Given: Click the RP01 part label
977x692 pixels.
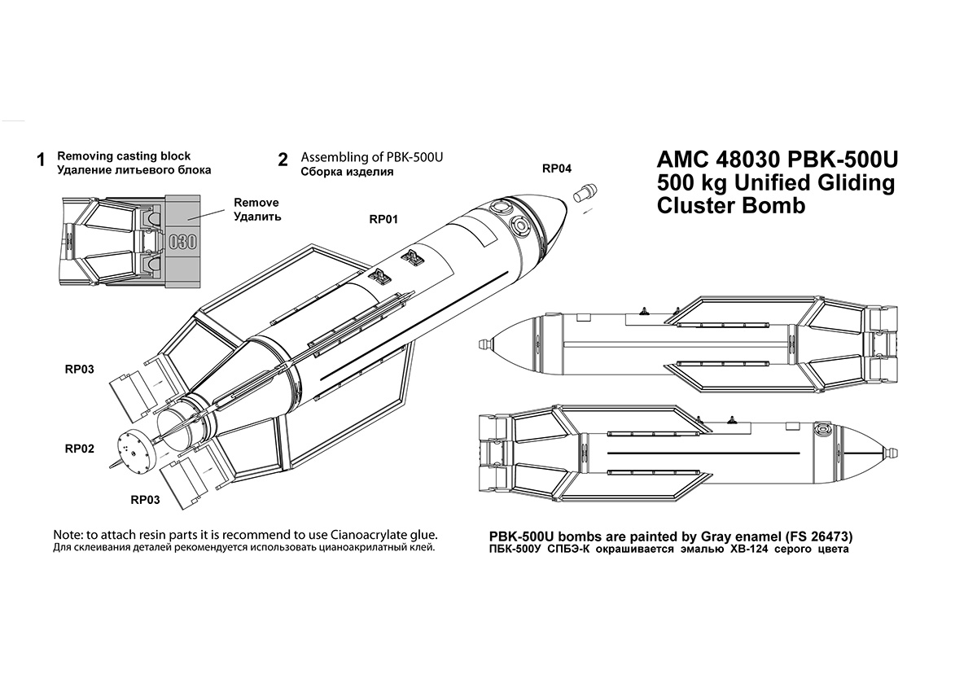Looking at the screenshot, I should [x=383, y=219].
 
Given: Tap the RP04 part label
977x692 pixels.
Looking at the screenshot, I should [x=557, y=169].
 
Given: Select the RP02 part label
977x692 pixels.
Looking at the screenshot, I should [x=80, y=449].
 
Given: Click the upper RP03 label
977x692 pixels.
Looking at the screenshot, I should [x=80, y=369].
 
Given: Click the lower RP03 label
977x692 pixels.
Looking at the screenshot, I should [x=145, y=499].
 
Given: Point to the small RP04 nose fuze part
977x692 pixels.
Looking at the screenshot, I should [x=584, y=195].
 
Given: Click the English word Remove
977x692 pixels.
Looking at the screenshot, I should [x=256, y=203].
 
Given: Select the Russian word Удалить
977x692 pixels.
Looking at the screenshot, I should [x=257, y=217].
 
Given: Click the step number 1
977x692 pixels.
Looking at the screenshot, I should [x=41, y=160].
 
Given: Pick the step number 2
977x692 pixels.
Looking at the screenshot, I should [x=283, y=160].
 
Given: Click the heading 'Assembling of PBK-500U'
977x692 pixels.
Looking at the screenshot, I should [x=376, y=156].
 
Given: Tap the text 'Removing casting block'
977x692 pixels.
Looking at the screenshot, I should [x=124, y=155].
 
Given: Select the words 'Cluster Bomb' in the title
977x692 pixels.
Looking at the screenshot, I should [x=730, y=206].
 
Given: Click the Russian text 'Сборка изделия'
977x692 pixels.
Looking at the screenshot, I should [x=347, y=172].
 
